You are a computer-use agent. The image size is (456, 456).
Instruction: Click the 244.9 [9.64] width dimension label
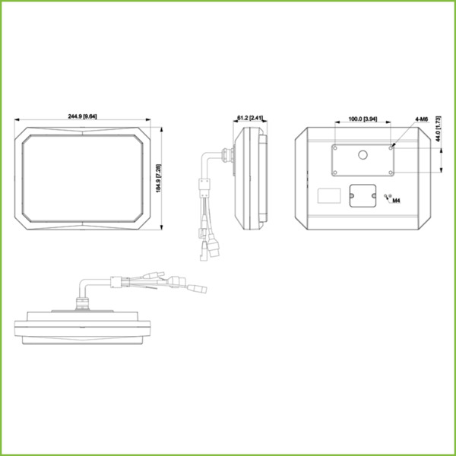[82, 116]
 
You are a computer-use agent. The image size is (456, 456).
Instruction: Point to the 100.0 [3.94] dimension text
[363, 120]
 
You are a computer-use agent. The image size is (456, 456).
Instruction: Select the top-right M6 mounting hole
[391, 148]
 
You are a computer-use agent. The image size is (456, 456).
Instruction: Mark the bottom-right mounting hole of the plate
[391, 171]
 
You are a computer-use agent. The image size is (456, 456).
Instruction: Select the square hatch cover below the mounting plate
[363, 195]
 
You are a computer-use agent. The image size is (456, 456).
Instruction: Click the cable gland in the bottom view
[82, 303]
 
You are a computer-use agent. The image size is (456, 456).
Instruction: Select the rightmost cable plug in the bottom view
[199, 290]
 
